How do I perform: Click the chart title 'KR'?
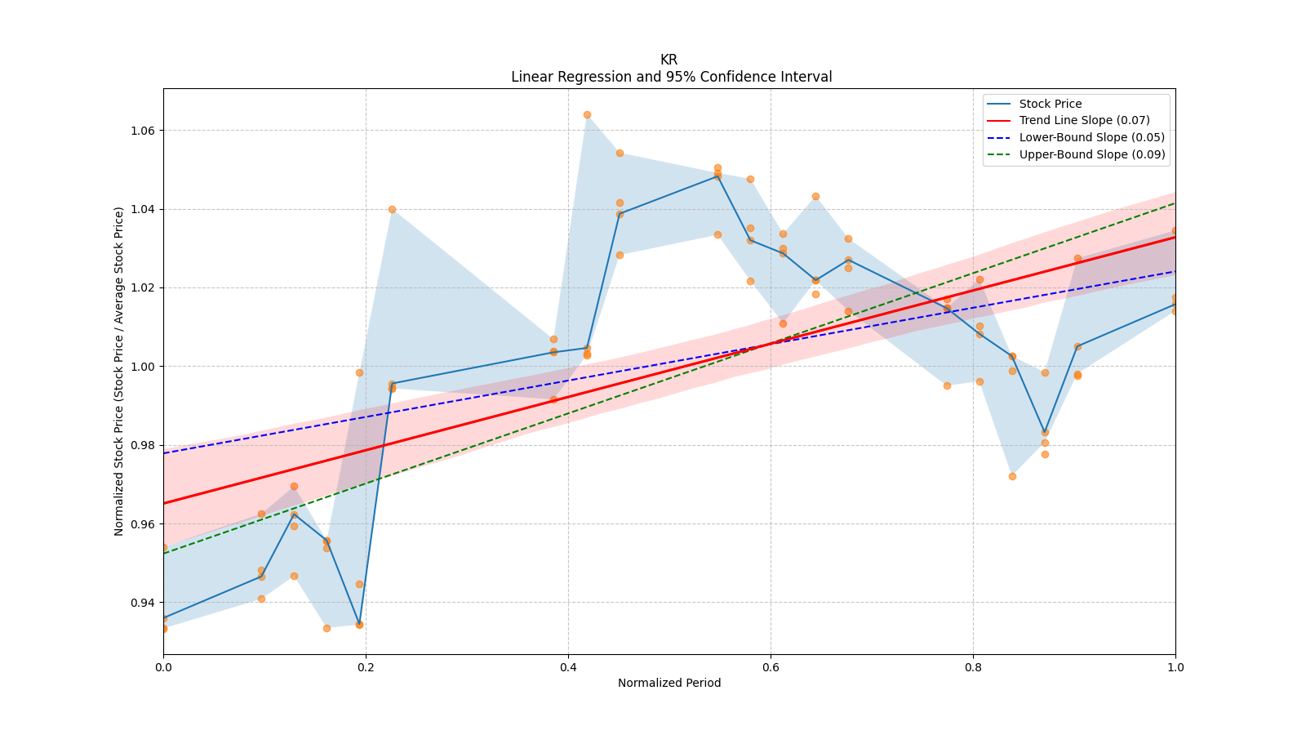[x=669, y=60]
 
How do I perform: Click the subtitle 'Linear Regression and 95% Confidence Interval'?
[x=671, y=77]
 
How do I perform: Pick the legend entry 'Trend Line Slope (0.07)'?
[x=1084, y=120]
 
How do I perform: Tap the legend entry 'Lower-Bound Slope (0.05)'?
[x=1091, y=137]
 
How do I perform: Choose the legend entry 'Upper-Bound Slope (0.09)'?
[x=1091, y=154]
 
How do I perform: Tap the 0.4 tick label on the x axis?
[x=568, y=667]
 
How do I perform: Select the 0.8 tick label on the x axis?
[x=973, y=667]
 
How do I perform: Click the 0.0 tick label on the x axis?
[x=163, y=667]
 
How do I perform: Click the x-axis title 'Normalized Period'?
[x=669, y=683]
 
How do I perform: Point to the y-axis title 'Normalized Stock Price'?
[x=119, y=371]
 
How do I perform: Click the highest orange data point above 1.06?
[x=587, y=114]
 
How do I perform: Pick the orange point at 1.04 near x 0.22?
[x=392, y=209]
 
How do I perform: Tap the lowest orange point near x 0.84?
[x=1012, y=476]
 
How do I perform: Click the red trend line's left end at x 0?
[x=164, y=503]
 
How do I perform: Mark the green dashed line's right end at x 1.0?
[x=1175, y=203]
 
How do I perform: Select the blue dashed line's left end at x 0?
[x=164, y=453]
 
